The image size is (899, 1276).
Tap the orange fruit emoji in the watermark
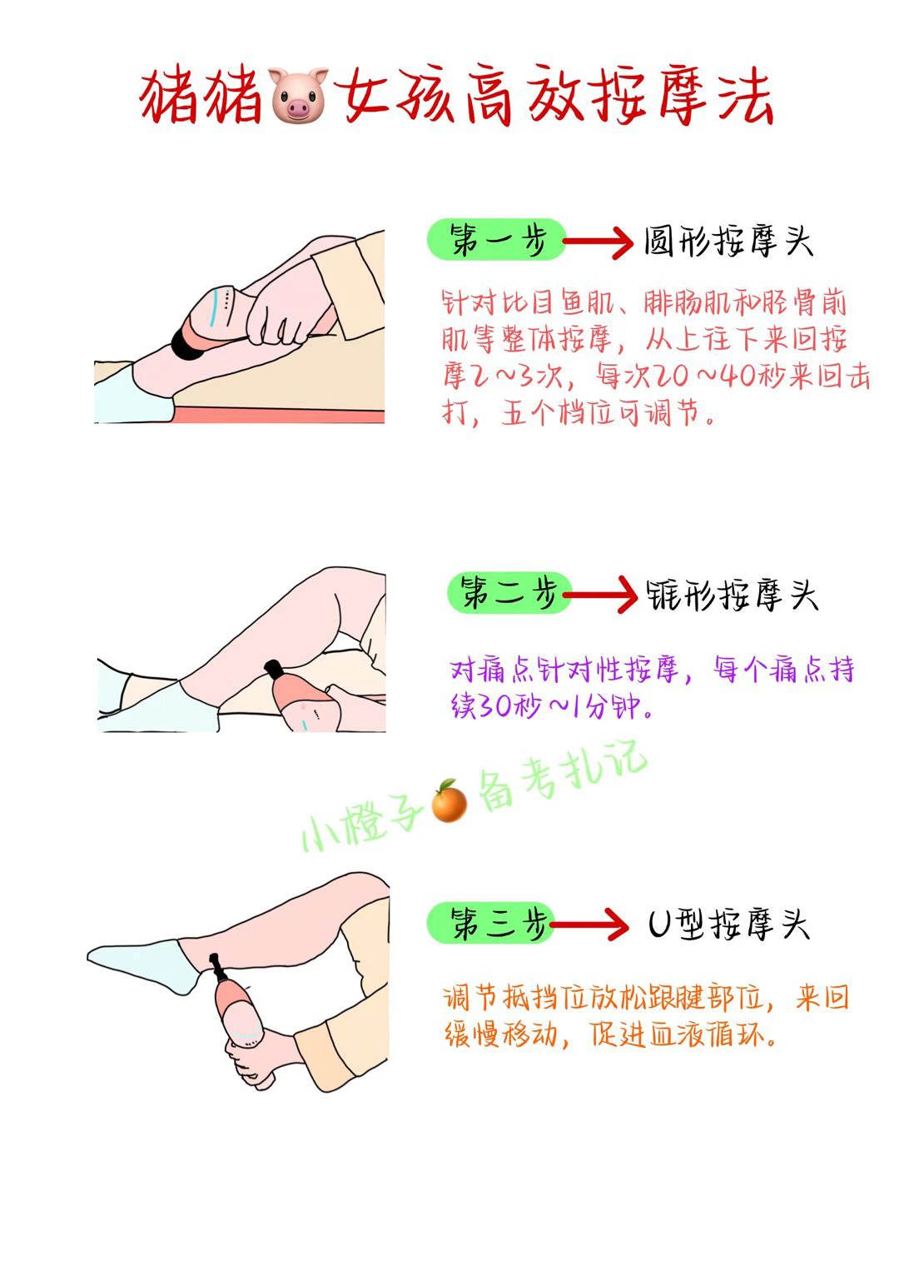click(x=449, y=801)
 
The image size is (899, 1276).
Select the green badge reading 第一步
click(x=496, y=240)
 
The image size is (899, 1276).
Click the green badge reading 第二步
click(x=509, y=593)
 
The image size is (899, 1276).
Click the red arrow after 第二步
click(x=600, y=595)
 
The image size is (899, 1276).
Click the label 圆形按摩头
click(x=728, y=242)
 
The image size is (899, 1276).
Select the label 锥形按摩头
click(x=733, y=596)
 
